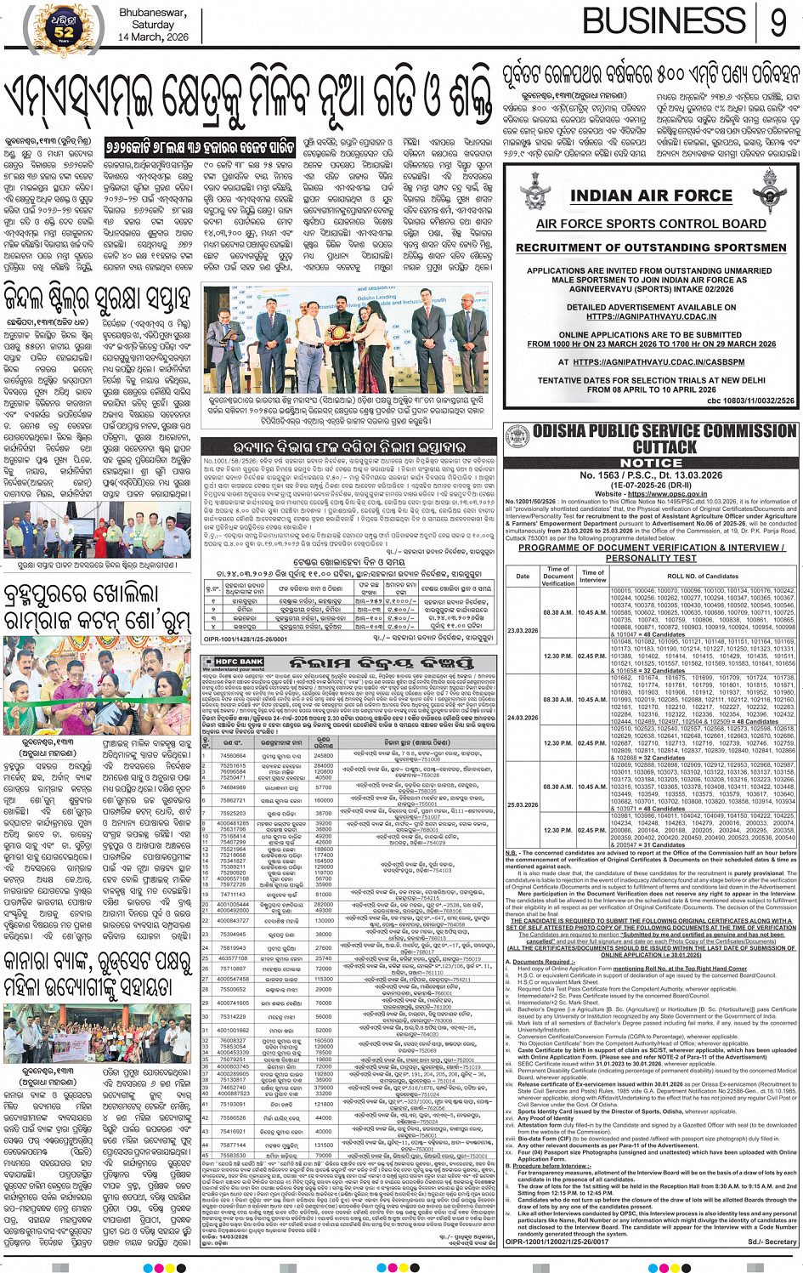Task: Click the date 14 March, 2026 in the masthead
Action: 153,37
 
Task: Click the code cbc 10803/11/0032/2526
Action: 750,401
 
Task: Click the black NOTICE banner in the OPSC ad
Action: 651,463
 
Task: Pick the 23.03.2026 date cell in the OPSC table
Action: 523,630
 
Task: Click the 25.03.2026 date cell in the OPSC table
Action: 523,804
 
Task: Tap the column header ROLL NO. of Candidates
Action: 703,576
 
